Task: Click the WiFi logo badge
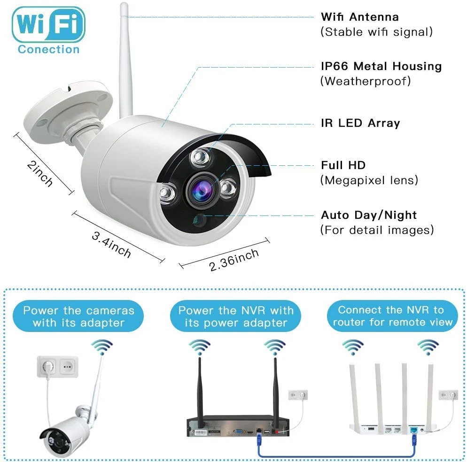click(49, 24)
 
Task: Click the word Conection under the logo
click(49, 49)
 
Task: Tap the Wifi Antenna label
click(359, 17)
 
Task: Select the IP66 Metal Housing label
click(381, 66)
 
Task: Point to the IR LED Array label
click(360, 123)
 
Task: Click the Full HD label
click(343, 165)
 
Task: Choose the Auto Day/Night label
click(369, 215)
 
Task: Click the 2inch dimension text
click(39, 173)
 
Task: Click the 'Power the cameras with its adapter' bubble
click(78, 316)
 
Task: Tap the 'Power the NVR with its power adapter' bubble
click(235, 316)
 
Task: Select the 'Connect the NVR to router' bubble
click(391, 316)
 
